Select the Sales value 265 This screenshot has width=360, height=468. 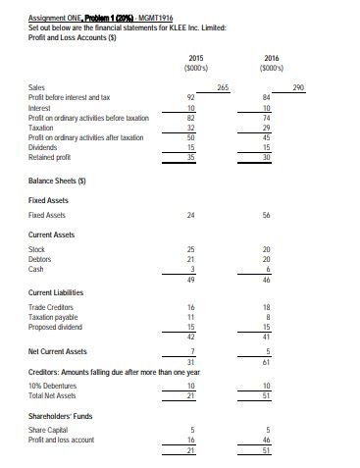[x=223, y=87]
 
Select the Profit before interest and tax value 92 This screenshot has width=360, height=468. [x=191, y=98]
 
